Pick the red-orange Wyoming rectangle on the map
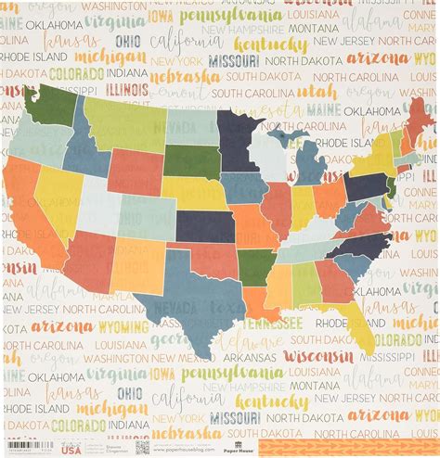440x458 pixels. tap(136, 172)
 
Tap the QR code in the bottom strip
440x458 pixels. tap(141, 445)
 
